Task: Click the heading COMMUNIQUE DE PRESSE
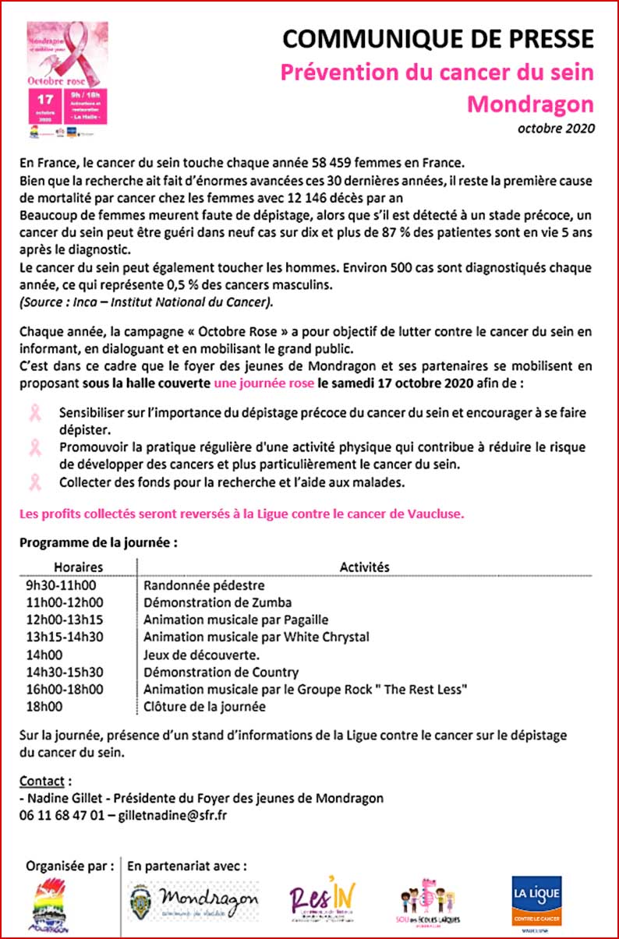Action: tap(437, 39)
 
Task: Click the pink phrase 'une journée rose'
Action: tap(264, 383)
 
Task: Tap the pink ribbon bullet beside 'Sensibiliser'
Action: tap(35, 413)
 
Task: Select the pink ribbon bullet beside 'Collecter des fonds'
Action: tap(35, 482)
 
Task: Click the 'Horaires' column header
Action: tap(78, 567)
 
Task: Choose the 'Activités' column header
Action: tap(364, 567)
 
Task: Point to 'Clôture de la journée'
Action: tap(204, 707)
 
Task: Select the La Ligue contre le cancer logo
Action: tap(536, 902)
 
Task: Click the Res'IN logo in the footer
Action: tap(317, 901)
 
